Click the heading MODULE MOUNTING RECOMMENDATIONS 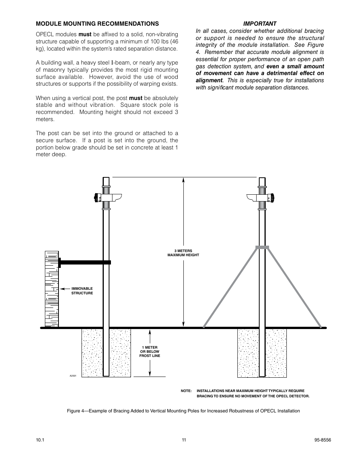(97, 23)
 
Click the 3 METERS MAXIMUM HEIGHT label (183, 253)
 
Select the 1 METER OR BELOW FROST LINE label (150, 352)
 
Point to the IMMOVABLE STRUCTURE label (82, 291)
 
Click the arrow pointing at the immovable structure (66, 289)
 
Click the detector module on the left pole (108, 197)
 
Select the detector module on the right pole (260, 197)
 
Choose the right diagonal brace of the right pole (294, 287)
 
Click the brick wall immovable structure (52, 289)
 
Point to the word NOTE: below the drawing (186, 391)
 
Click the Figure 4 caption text (183, 411)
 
